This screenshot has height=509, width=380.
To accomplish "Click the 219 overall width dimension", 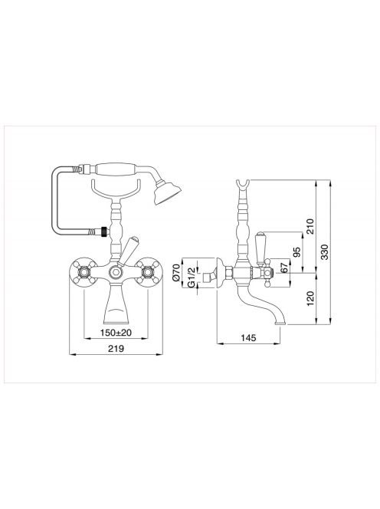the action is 116,349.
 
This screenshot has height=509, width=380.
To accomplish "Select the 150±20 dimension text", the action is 116,333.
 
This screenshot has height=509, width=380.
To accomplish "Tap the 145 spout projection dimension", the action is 248,337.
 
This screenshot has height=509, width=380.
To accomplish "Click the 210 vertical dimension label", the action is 310,227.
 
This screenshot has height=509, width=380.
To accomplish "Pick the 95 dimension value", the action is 296,252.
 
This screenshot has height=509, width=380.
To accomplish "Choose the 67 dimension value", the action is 284,268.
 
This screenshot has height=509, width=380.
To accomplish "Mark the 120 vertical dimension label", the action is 310,298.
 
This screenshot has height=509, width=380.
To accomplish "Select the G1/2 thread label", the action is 192,277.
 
